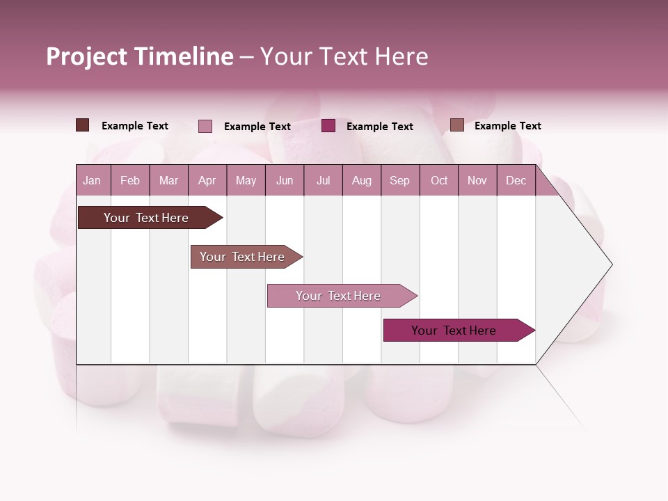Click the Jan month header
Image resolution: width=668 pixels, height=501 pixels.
[x=92, y=181]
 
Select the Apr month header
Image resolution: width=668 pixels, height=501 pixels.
[x=207, y=181]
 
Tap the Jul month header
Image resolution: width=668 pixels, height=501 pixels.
[x=323, y=181]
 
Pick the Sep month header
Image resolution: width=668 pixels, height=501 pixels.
[x=399, y=181]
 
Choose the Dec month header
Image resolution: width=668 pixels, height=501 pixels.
[x=516, y=181]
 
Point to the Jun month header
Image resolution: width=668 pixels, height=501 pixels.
[x=284, y=181]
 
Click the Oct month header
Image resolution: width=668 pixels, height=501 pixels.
[x=438, y=181]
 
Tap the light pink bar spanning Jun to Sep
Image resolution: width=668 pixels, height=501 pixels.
[x=340, y=296]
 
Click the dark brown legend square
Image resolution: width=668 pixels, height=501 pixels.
[x=82, y=125]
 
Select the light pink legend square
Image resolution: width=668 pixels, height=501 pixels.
[x=205, y=126]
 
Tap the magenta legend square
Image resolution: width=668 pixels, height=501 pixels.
[x=328, y=126]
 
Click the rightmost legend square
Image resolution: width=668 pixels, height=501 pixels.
[x=456, y=125]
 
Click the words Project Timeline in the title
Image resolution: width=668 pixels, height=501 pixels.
[x=139, y=56]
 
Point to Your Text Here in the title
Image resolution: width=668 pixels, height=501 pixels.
[x=344, y=56]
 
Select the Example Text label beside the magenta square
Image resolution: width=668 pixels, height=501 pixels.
[x=379, y=127]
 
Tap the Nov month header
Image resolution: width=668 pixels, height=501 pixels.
[x=477, y=181]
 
